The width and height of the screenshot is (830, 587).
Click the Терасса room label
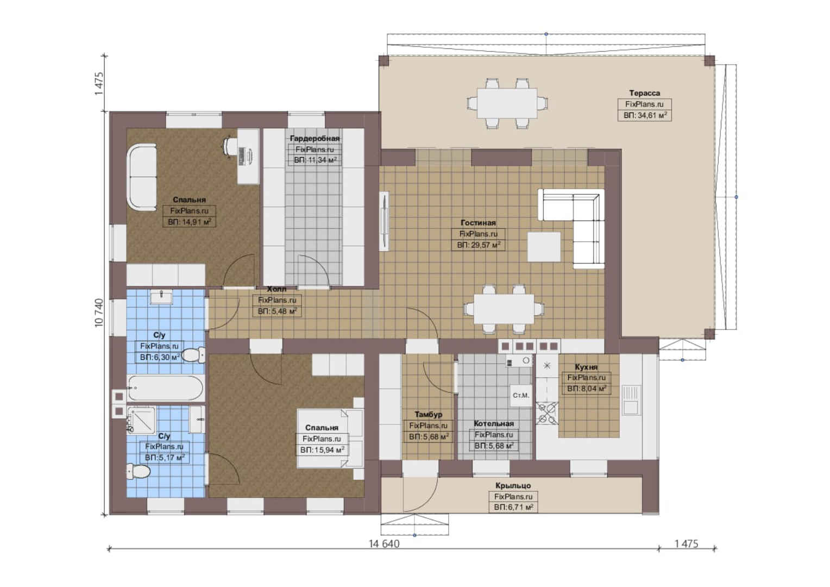644,93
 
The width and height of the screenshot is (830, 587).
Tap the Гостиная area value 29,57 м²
479,245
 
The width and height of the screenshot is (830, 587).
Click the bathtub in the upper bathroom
165,388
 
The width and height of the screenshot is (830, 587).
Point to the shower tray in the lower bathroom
141,420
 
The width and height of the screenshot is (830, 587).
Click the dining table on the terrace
507,103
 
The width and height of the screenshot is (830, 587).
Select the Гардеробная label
315,138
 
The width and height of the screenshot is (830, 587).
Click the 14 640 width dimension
384,544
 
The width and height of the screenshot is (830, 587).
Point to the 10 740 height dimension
99,313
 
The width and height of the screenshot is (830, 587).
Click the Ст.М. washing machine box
520,396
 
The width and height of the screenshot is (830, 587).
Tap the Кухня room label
586,367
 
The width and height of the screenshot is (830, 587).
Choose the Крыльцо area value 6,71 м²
513,507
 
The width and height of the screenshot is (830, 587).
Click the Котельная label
494,423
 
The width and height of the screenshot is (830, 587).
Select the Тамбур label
429,415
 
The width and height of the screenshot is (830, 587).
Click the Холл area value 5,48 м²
277,311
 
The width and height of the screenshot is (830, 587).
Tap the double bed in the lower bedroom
330,438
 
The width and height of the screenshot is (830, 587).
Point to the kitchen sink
630,400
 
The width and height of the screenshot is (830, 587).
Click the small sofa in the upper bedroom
142,178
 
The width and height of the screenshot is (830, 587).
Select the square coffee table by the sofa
544,247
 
